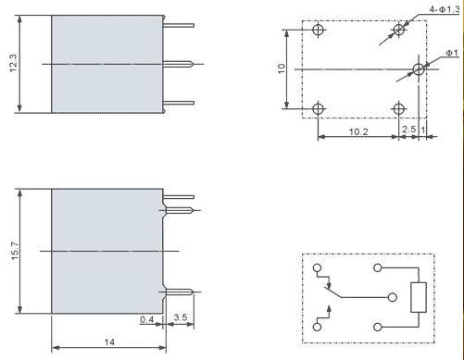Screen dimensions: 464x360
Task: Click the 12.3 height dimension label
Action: pos(14,63)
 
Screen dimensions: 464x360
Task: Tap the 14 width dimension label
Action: pos(109,342)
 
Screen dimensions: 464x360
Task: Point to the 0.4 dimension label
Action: pos(146,319)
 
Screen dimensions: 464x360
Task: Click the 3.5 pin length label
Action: pos(181,317)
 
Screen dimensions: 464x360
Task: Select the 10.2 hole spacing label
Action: pos(358,131)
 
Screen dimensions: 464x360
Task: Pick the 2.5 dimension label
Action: pos(409,129)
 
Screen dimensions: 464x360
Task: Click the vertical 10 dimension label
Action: pos(282,68)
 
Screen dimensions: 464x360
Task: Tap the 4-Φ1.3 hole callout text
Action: pos(445,9)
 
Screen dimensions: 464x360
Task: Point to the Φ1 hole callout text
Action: pos(452,53)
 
